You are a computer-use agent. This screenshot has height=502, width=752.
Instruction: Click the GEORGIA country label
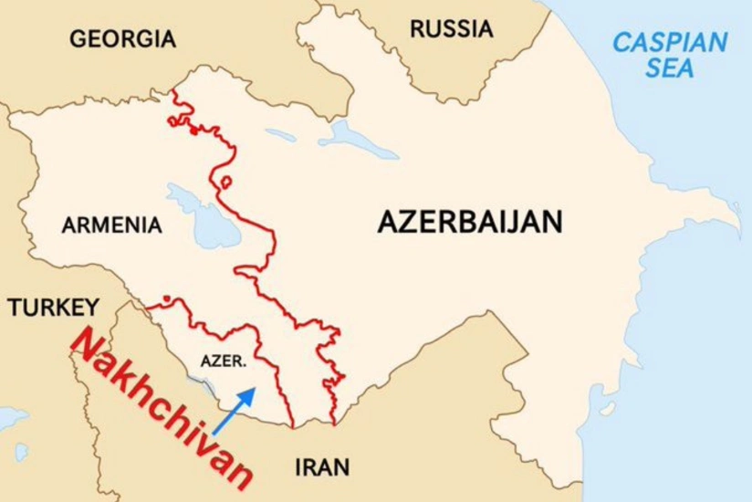point(122,39)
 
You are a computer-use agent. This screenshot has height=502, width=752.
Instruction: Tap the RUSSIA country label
point(451,29)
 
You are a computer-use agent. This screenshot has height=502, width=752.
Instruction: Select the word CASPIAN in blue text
point(670,42)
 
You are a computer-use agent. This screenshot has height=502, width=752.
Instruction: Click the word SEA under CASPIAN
point(670,68)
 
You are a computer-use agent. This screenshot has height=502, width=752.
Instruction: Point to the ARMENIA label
point(111,225)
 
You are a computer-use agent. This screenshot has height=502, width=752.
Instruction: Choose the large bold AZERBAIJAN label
point(470,223)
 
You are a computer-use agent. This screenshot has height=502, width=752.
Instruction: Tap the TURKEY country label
point(52,308)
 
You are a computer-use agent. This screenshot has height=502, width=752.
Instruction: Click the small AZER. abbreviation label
point(223,361)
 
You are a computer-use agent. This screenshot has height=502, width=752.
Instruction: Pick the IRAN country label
point(322,468)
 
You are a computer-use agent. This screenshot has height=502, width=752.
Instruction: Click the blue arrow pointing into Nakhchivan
point(235,407)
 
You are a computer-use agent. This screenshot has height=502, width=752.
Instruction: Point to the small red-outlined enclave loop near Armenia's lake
point(223,183)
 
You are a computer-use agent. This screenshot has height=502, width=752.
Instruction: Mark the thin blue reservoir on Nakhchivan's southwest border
point(208,391)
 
